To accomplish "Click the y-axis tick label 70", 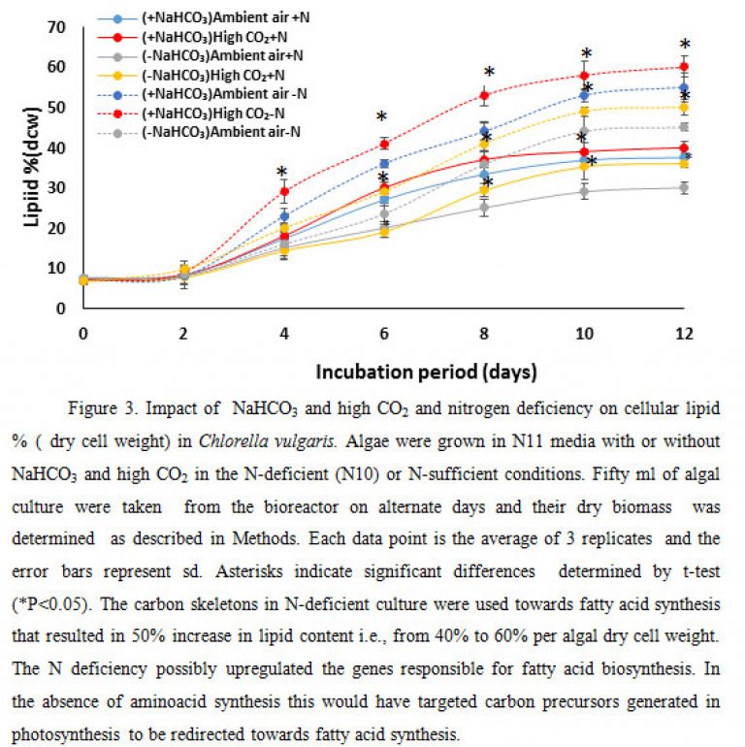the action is [x=56, y=27].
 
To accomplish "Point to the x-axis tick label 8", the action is [x=484, y=334].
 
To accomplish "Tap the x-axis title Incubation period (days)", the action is [x=426, y=372].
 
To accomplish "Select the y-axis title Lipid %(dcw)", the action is [x=31, y=167].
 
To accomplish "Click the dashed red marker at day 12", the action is [x=684, y=67].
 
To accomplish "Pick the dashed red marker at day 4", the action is [x=284, y=191].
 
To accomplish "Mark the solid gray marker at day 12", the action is [x=684, y=187].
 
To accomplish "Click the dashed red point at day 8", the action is [x=484, y=95].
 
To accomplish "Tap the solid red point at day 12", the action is [x=684, y=147].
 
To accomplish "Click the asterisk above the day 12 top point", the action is [x=685, y=45].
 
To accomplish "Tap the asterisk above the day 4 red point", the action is [x=281, y=172].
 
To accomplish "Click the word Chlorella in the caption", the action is [x=228, y=440].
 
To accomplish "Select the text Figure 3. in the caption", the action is [x=103, y=408].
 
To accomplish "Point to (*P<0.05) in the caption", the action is [x=51, y=604].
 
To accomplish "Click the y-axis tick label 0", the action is [x=60, y=309].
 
